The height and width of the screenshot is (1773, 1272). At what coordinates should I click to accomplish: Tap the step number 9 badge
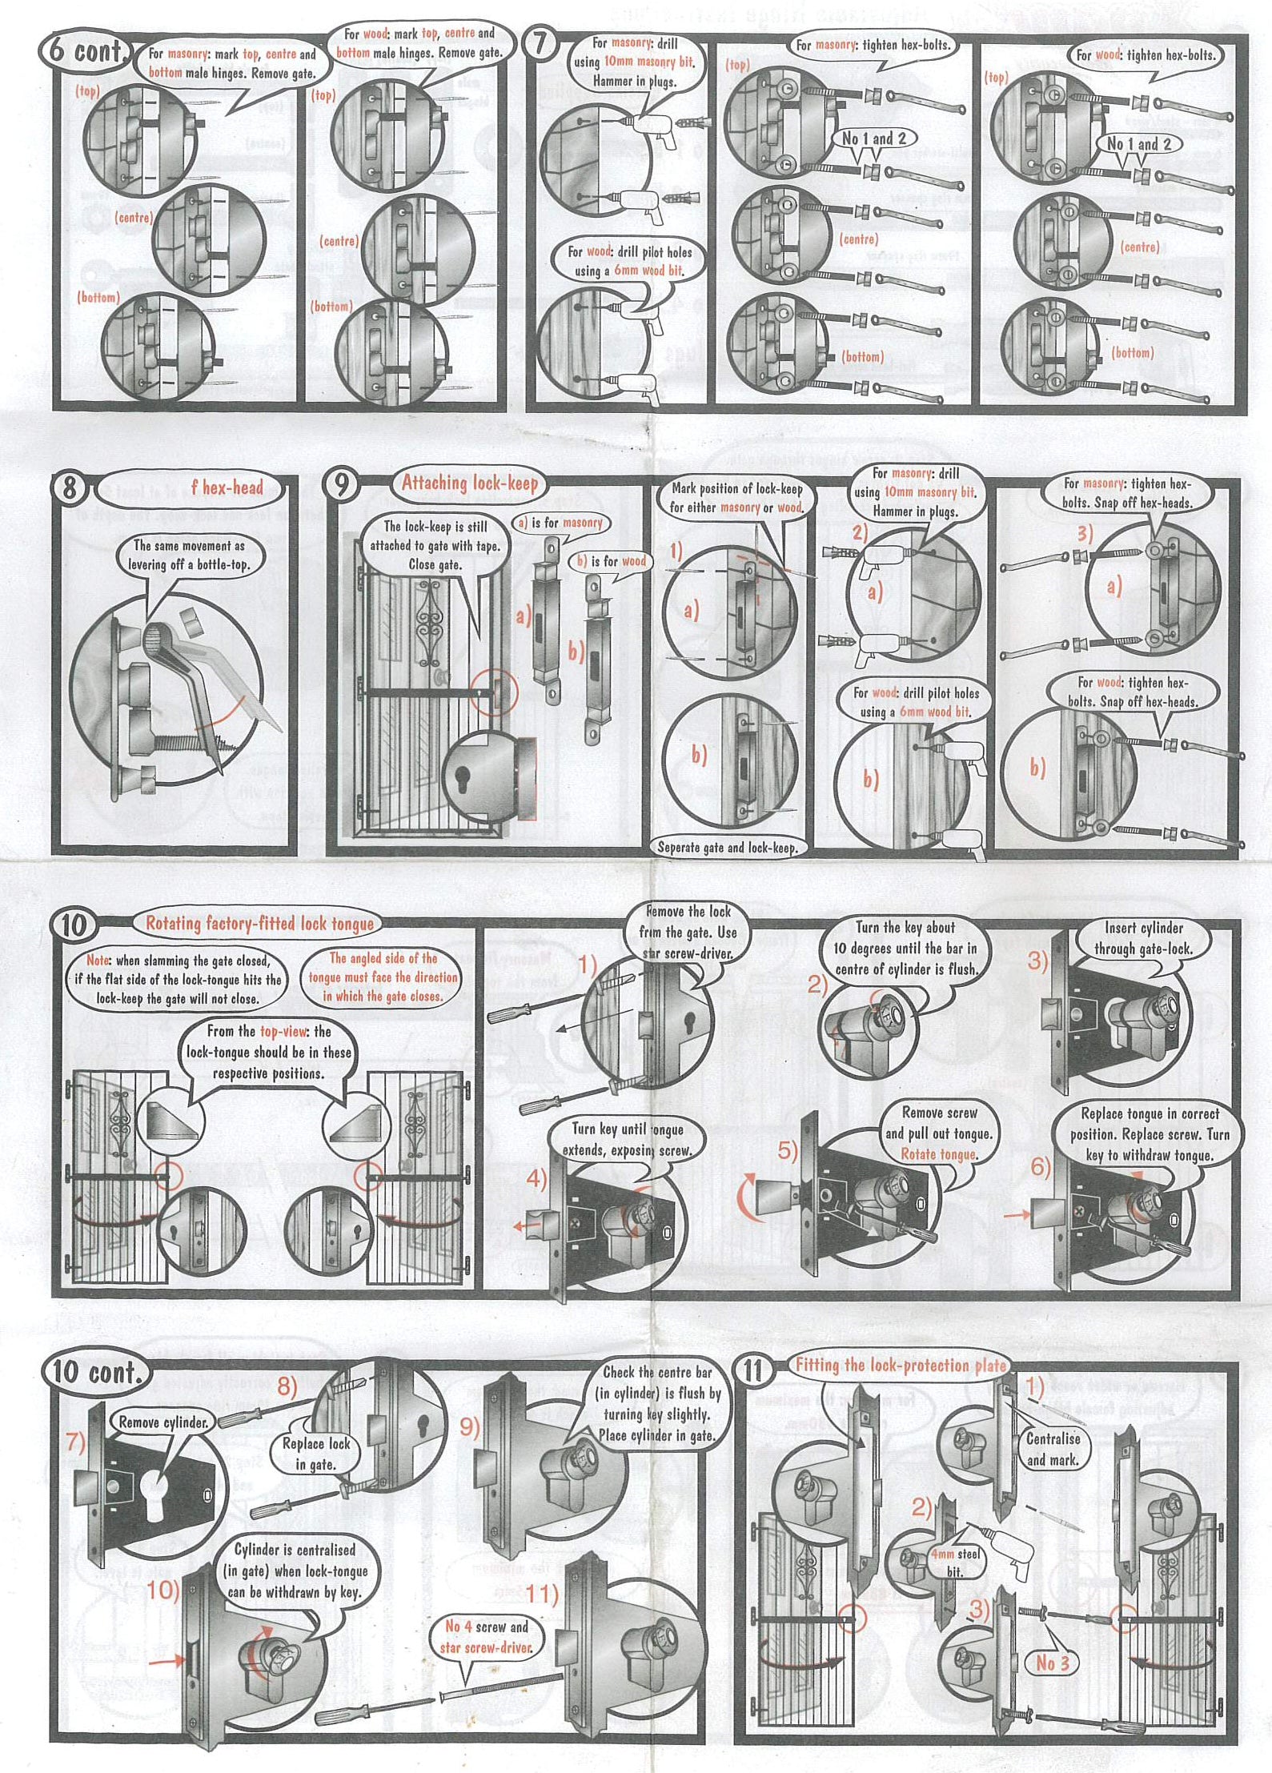(x=341, y=486)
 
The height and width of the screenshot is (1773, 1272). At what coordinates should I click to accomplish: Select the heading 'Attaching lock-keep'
(x=469, y=483)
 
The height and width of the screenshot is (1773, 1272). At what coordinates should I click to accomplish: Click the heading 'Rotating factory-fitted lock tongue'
(x=259, y=923)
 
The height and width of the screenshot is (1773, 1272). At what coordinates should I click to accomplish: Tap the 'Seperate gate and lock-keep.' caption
(x=728, y=847)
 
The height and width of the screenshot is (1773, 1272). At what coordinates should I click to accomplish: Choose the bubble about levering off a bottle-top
(x=189, y=555)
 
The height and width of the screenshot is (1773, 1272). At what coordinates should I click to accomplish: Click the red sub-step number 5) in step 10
(x=788, y=1150)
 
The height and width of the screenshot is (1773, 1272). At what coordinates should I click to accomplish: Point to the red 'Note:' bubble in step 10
(x=178, y=979)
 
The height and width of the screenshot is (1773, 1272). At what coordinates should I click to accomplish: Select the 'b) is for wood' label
(x=612, y=561)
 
